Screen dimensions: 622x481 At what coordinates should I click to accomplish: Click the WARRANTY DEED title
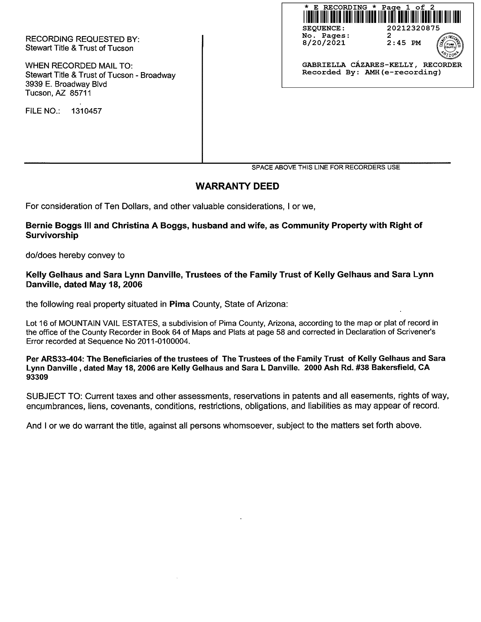coord(237,186)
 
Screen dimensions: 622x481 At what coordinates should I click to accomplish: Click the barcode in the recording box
coord(382,17)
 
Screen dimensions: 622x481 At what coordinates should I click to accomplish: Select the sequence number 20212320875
coord(413,28)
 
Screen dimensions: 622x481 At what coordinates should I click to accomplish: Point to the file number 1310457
coord(86,111)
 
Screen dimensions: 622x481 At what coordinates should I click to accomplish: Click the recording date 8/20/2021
coord(324,43)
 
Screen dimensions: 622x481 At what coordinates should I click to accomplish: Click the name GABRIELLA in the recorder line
coord(324,65)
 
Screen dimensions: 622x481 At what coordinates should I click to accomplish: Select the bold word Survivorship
coord(52,235)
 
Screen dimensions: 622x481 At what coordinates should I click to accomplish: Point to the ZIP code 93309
coord(37,377)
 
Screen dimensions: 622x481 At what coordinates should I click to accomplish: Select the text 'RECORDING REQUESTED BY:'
coord(82,39)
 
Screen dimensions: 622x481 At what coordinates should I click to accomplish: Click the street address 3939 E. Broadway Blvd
coord(66,84)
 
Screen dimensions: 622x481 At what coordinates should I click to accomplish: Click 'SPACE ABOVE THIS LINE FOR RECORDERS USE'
coord(326,168)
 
